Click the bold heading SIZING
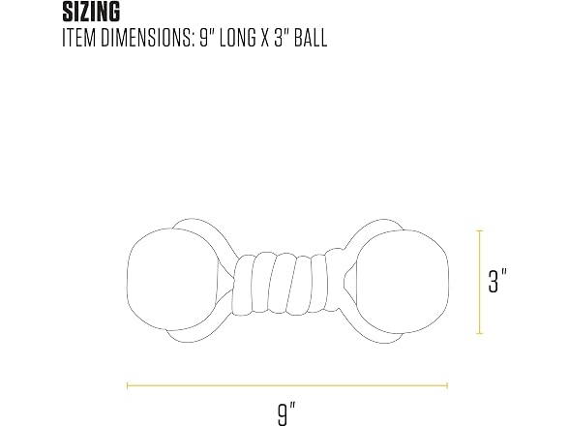pos(91,12)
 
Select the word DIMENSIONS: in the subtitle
pos(146,38)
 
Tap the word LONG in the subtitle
pos(238,38)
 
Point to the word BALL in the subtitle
pos(311,38)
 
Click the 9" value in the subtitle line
pos(206,38)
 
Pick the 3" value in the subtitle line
pos(281,38)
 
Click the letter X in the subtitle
pos(265,38)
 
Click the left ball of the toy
pos(173,279)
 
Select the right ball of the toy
pos(402,282)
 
